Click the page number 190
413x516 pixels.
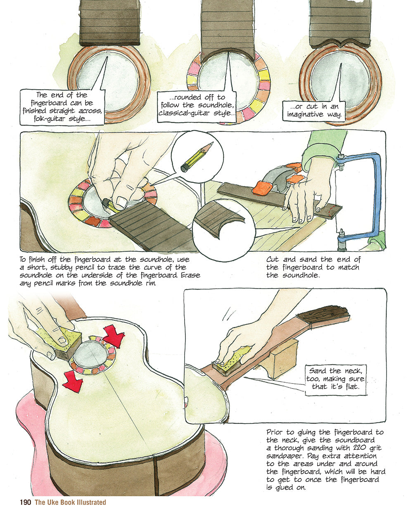[25, 502]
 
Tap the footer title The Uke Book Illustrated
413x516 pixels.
[70, 502]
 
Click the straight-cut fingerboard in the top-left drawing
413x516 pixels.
[109, 23]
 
